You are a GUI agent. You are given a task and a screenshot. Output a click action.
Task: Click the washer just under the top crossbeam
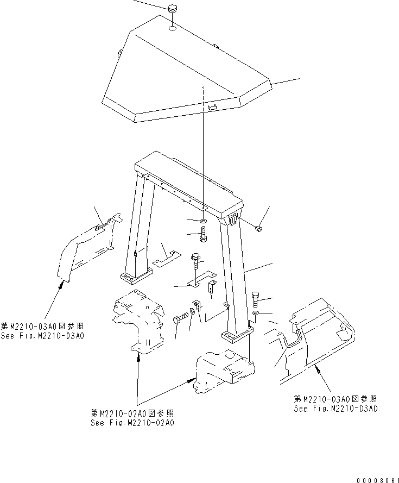202,221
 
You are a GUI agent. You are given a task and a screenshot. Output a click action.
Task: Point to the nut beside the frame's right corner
259,228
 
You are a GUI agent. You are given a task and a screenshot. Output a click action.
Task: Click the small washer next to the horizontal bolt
192,313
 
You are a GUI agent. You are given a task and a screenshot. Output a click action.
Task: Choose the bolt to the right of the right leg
256,299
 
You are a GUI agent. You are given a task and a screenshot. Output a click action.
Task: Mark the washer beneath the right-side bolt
256,313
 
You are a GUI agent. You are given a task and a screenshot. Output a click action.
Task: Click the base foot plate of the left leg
134,278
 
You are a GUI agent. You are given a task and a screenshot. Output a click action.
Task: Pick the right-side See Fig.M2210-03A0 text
336,408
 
